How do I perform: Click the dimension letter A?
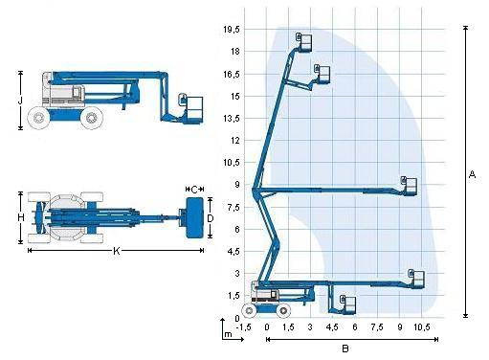click(x=472, y=174)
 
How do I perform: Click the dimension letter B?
click(x=345, y=349)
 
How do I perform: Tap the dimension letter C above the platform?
click(x=194, y=190)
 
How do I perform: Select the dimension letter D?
click(x=211, y=218)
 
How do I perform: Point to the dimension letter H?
click(x=21, y=217)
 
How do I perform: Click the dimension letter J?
click(x=20, y=101)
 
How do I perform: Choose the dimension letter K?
click(x=117, y=251)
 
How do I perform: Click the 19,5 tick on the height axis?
click(x=232, y=30)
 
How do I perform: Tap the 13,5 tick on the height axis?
click(x=232, y=119)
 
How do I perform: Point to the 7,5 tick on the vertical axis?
click(x=233, y=208)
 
